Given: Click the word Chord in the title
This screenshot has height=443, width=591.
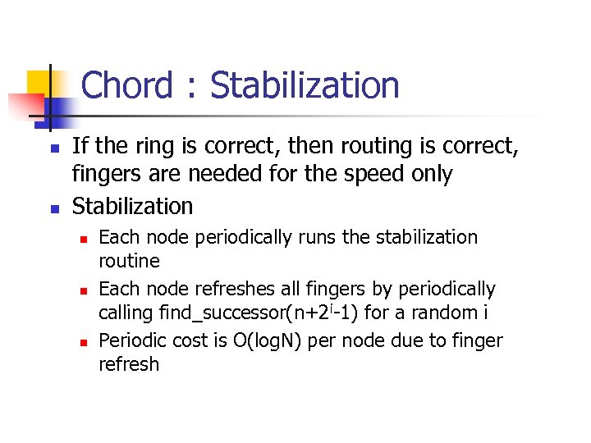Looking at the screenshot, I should click(x=127, y=85).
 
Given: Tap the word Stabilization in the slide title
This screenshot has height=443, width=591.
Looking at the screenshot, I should click(x=305, y=85).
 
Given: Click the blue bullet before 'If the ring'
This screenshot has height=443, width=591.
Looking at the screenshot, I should click(x=53, y=148).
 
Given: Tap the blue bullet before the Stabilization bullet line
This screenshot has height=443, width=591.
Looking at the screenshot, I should click(x=53, y=208).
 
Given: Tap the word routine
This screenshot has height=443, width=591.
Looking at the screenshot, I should click(x=129, y=262).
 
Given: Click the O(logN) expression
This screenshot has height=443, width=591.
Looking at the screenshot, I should click(x=282, y=340).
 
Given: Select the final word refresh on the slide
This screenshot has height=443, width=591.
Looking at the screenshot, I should click(x=129, y=364).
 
